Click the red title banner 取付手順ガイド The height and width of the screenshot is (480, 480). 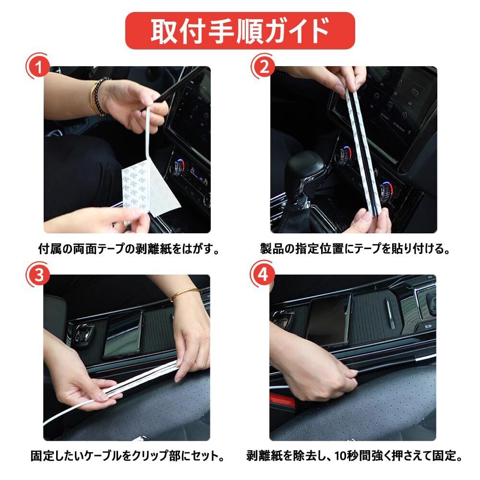tap(240, 31)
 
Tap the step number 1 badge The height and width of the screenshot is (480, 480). tap(38, 67)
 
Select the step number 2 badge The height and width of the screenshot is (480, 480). tap(264, 67)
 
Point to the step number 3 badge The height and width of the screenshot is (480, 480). tap(38, 275)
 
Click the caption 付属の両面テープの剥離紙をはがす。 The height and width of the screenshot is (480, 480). tap(129, 249)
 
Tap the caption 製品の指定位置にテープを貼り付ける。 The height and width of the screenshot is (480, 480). tap(355, 249)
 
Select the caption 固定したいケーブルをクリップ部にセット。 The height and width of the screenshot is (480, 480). tap(128, 456)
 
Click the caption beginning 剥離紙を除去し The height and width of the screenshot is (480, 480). tap(355, 456)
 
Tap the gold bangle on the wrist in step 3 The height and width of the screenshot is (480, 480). tap(185, 294)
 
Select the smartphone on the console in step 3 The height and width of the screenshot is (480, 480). tap(123, 334)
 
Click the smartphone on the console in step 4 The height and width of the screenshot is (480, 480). tap(329, 320)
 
